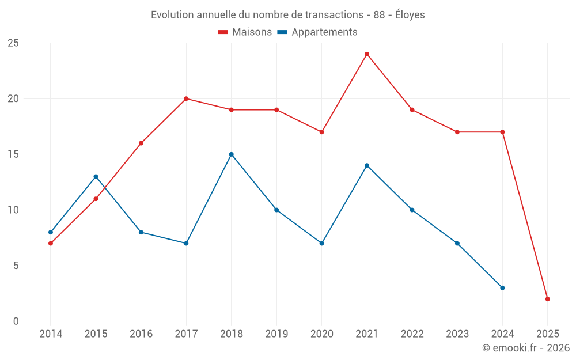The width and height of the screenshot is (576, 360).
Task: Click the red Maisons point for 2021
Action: (367, 54)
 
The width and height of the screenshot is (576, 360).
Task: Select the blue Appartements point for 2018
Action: (232, 154)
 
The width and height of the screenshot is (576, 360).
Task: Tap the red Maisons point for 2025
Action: (548, 299)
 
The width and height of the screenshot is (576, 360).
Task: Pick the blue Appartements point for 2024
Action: (502, 288)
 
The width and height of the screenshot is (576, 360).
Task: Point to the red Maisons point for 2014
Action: (51, 243)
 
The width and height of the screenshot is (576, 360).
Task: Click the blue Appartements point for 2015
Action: (96, 177)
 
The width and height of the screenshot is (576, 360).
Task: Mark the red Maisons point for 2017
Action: (186, 98)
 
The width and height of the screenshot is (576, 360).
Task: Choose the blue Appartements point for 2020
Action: (321, 243)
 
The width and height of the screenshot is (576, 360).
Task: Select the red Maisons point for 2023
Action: (457, 132)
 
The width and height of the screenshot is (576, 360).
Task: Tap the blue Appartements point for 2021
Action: (367, 165)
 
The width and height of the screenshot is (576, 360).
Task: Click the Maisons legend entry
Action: (245, 32)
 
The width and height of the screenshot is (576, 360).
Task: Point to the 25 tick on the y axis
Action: (13, 43)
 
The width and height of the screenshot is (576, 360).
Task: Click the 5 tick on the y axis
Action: (16, 266)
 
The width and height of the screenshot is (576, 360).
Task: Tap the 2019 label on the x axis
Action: (276, 334)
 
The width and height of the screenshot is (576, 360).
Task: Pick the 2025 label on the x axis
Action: (548, 334)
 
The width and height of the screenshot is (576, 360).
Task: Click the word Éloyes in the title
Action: (410, 15)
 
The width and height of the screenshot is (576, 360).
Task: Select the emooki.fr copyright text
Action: (525, 348)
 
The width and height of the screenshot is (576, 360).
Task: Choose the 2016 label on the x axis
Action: (141, 334)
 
